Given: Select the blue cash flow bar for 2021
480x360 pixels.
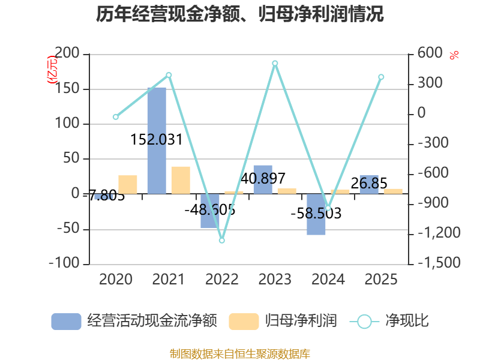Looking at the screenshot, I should [x=157, y=140].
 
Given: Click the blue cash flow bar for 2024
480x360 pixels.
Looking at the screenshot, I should [x=316, y=214].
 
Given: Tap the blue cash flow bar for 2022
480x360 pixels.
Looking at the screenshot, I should [x=210, y=211].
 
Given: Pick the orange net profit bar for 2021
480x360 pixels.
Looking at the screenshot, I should [x=181, y=180].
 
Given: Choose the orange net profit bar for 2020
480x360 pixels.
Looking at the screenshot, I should [x=128, y=184].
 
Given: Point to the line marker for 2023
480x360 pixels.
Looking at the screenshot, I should [x=275, y=63].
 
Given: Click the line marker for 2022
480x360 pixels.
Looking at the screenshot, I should [x=221, y=240].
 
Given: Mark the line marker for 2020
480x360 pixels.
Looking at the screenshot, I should [x=116, y=117].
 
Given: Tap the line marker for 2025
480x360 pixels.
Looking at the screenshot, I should [x=381, y=77].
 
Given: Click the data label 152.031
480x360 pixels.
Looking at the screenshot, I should [x=156, y=140].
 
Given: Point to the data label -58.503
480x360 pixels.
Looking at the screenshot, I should [x=316, y=214].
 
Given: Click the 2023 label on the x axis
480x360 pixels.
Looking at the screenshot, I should [x=275, y=280].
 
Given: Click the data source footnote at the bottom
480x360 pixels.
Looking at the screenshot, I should [x=240, y=353].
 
